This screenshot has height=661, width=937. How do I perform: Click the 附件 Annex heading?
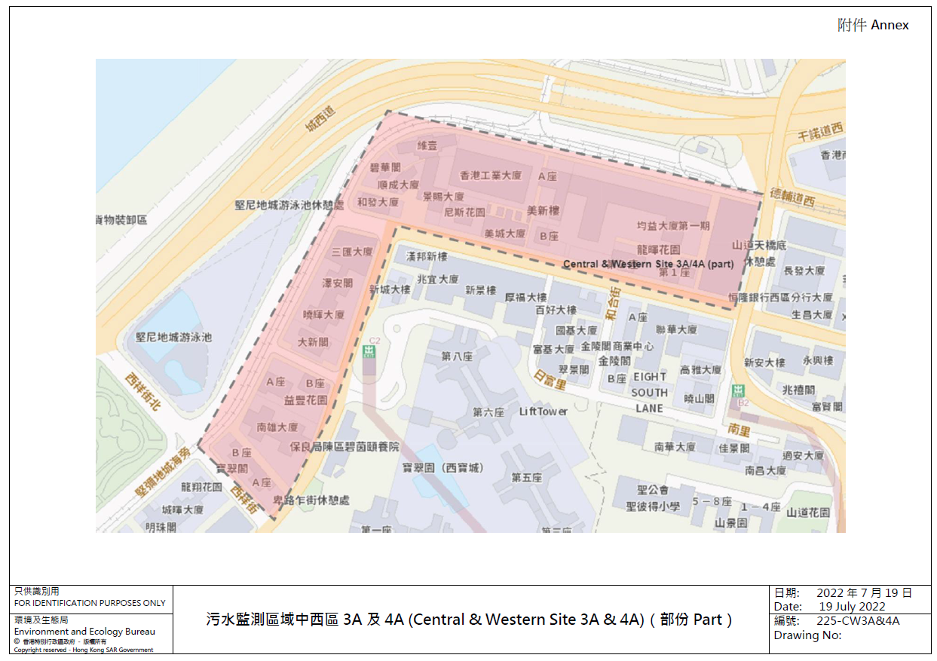(873, 25)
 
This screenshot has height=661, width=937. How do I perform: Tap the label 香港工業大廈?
(491, 176)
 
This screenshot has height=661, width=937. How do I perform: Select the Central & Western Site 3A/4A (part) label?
(648, 264)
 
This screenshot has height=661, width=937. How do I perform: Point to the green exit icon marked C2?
(369, 351)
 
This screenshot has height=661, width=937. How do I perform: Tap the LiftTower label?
(544, 412)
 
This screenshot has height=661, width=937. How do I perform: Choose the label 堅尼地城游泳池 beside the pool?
(173, 338)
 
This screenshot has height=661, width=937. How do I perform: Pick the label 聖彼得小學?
(652, 506)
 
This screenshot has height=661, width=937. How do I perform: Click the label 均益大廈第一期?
(673, 225)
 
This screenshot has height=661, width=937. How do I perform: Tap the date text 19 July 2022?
(852, 607)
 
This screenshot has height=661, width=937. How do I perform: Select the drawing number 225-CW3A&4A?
(858, 621)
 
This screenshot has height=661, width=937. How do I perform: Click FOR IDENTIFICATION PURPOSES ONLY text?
(90, 603)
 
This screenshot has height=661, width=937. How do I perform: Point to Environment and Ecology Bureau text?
(84, 632)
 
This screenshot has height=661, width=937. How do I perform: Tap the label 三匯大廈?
(352, 252)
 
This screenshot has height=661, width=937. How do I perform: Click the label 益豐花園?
(305, 399)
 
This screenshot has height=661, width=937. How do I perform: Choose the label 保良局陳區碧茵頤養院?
(344, 447)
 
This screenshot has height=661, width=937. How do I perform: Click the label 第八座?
(457, 357)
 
